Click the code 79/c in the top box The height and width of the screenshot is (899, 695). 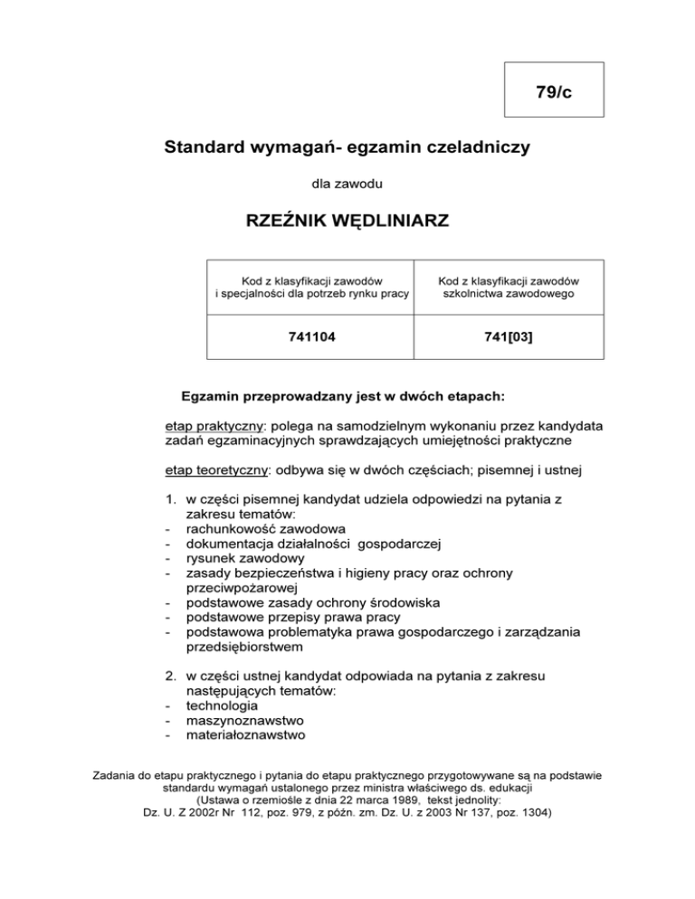553,91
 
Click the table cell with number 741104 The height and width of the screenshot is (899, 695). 311,338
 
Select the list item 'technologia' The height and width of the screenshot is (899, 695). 222,705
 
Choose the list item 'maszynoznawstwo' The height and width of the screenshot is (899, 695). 245,720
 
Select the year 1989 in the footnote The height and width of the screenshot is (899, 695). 413,800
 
